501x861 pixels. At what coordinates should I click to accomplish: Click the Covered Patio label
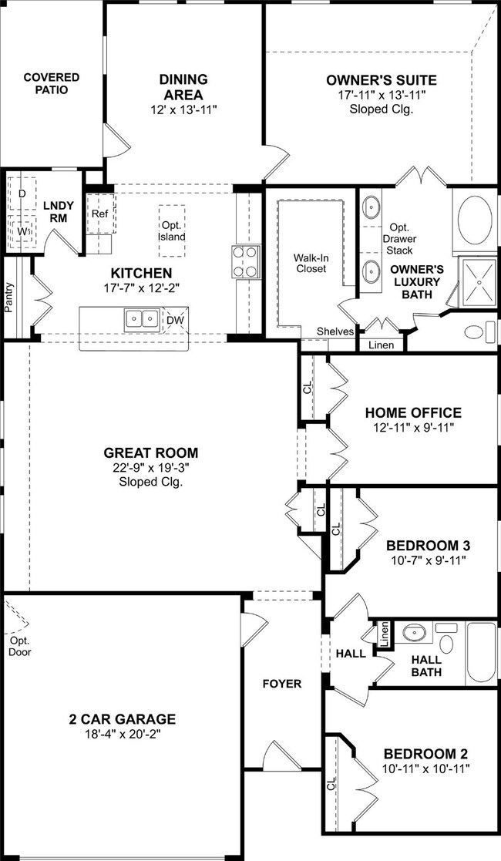pyautogui.click(x=51, y=83)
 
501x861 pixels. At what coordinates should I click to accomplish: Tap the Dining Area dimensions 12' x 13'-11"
pyautogui.click(x=184, y=109)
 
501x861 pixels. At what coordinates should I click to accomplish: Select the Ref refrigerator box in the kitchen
pyautogui.click(x=101, y=214)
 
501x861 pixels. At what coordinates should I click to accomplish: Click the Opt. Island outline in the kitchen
pyautogui.click(x=172, y=231)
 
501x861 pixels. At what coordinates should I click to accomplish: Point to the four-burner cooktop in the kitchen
pyautogui.click(x=245, y=262)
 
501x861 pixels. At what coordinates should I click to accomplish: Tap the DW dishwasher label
pyautogui.click(x=175, y=320)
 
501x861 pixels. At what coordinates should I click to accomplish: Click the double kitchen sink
pyautogui.click(x=143, y=319)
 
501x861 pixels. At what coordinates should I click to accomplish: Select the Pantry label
pyautogui.click(x=8, y=298)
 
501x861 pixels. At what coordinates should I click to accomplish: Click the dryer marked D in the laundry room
pyautogui.click(x=22, y=193)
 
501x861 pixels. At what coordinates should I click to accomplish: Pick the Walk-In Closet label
pyautogui.click(x=311, y=263)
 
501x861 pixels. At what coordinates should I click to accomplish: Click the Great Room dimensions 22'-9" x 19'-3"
pyautogui.click(x=151, y=468)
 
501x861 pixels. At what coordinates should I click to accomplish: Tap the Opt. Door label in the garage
pyautogui.click(x=20, y=646)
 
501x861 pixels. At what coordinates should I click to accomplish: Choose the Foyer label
pyautogui.click(x=282, y=684)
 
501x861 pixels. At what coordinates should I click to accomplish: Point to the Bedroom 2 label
pyautogui.click(x=426, y=753)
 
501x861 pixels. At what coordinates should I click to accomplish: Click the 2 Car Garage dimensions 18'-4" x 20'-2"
pyautogui.click(x=123, y=734)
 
